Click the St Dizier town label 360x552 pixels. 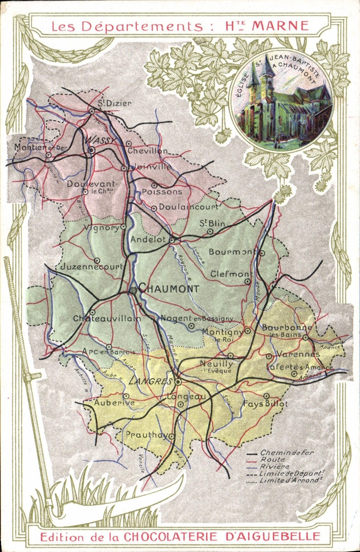[115, 103]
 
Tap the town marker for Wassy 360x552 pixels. [92, 150]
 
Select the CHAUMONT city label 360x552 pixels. [169, 289]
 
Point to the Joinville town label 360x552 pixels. [151, 166]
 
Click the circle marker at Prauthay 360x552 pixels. [172, 437]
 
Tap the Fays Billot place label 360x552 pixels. [266, 404]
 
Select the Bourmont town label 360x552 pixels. [233, 252]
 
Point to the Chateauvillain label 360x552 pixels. [107, 318]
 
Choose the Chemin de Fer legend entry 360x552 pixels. [287, 452]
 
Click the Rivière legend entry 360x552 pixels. [275, 467]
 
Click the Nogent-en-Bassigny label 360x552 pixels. [197, 318]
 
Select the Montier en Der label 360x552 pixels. [41, 147]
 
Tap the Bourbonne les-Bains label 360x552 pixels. [287, 330]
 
